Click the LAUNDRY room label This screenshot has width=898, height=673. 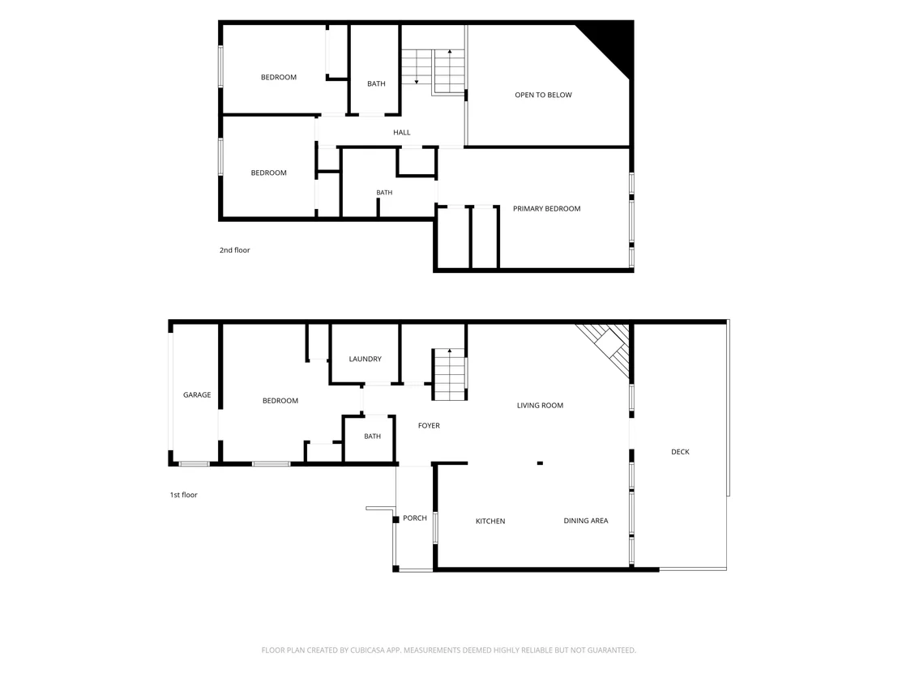click(365, 359)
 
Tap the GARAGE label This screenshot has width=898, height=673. click(197, 395)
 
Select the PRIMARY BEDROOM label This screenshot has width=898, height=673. click(546, 209)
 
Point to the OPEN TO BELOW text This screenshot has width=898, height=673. click(543, 95)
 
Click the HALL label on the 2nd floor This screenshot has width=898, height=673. click(401, 132)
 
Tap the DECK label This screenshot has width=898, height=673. click(680, 452)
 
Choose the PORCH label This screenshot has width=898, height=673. click(415, 518)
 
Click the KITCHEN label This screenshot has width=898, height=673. click(490, 521)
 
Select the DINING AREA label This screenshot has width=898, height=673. click(585, 520)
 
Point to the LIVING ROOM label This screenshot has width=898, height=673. click(540, 405)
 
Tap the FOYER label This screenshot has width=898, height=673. click(429, 425)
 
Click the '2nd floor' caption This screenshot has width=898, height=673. click(235, 250)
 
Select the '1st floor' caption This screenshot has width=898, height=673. click(183, 495)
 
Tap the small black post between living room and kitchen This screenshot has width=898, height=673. click(540, 463)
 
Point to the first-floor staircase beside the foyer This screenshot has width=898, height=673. click(450, 374)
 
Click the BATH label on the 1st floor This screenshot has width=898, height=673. click(372, 436)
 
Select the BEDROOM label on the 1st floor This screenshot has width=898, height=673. click(280, 401)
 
